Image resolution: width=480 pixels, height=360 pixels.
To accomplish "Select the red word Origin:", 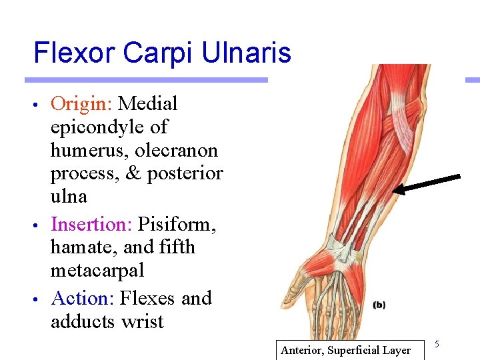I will tap(82, 104).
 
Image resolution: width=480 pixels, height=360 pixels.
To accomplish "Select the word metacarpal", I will tap(98, 271).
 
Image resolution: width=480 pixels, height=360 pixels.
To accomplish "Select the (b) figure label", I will tap(379, 305).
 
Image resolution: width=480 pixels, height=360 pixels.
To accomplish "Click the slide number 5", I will tap(437, 343).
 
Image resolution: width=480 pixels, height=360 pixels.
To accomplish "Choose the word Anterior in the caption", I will tap(303, 350).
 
